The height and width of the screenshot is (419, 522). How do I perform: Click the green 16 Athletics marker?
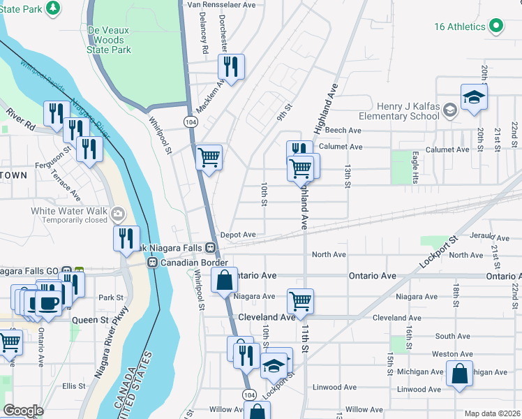[x=496, y=27]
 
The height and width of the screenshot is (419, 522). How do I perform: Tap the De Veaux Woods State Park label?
[x=109, y=41]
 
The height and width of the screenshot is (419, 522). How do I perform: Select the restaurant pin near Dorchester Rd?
[x=231, y=67]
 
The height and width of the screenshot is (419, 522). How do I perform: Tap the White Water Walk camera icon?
[x=119, y=212]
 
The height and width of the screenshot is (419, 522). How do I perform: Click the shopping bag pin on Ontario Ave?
[x=225, y=281]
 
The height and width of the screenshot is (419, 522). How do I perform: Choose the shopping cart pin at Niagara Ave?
[x=300, y=301]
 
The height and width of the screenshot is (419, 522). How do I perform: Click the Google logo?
[x=23, y=411]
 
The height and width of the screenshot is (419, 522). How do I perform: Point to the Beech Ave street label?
[x=343, y=131]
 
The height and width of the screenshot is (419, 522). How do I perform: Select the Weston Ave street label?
[x=445, y=354]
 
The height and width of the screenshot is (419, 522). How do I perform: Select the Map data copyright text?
[x=493, y=413]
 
